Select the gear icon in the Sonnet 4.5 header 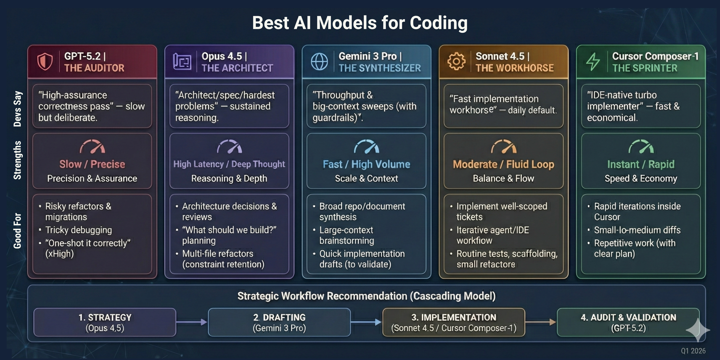pyautogui.click(x=456, y=61)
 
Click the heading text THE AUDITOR pyautogui.click(x=94, y=68)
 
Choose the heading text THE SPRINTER pyautogui.click(x=645, y=68)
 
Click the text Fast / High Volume pyautogui.click(x=366, y=164)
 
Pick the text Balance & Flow pyautogui.click(x=503, y=178)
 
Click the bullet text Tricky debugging pyautogui.click(x=79, y=230)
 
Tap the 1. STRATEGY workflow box pyautogui.click(x=105, y=322)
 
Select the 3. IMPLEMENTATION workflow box pyautogui.click(x=454, y=322)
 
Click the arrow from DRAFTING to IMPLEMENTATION pyautogui.click(x=366, y=322)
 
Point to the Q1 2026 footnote pyautogui.click(x=693, y=351)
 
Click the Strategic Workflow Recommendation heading pyautogui.click(x=366, y=296)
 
